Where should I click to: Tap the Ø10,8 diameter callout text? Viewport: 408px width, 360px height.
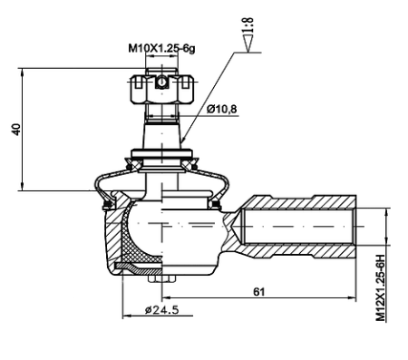[x=223, y=110]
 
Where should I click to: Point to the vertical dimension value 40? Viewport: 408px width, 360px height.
[x=15, y=129]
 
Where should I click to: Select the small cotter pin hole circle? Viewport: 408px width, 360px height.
[x=160, y=83]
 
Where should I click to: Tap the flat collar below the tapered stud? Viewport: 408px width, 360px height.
[x=161, y=152]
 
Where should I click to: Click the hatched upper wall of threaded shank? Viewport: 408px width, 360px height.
[x=308, y=200]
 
